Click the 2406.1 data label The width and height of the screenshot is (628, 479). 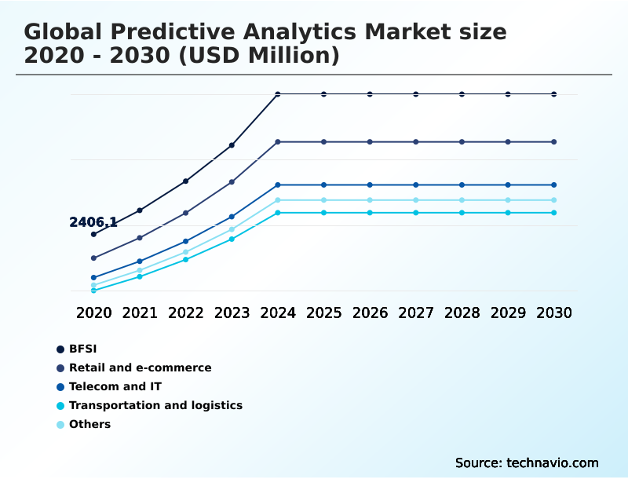pyautogui.click(x=93, y=222)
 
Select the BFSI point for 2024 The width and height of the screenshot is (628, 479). pyautogui.click(x=278, y=94)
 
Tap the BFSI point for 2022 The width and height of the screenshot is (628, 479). pyautogui.click(x=185, y=181)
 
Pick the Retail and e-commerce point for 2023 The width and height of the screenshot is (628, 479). pyautogui.click(x=232, y=182)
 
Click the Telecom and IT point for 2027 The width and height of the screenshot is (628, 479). pyautogui.click(x=416, y=185)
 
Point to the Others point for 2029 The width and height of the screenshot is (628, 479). pyautogui.click(x=508, y=200)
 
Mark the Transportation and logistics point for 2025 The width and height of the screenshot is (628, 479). pyautogui.click(x=323, y=213)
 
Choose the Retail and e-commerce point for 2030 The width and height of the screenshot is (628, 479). pyautogui.click(x=554, y=142)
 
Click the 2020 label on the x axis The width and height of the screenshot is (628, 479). pyautogui.click(x=93, y=313)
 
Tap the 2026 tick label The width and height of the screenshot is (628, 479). pyautogui.click(x=370, y=313)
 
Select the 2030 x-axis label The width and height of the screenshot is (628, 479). pyautogui.click(x=554, y=313)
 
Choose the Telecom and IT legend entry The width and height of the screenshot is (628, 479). pyautogui.click(x=109, y=386)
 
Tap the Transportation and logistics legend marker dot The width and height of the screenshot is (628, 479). pyautogui.click(x=60, y=406)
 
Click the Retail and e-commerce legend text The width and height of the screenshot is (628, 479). pyautogui.click(x=141, y=367)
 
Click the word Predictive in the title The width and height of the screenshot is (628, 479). pyautogui.click(x=191, y=32)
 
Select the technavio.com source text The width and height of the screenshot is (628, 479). pyautogui.click(x=553, y=463)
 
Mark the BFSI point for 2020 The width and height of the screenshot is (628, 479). pyautogui.click(x=93, y=234)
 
